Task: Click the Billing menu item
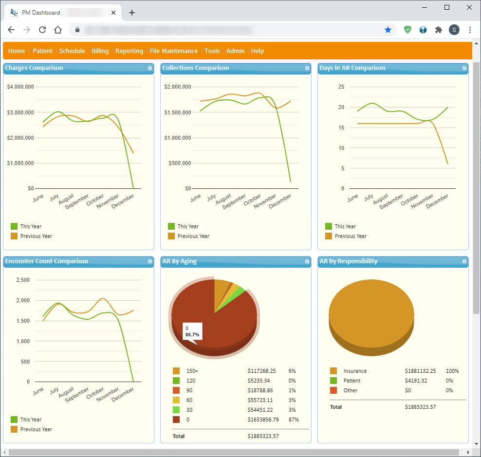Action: [x=100, y=51]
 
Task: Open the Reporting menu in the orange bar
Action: [x=129, y=51]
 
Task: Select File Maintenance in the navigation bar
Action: [x=174, y=51]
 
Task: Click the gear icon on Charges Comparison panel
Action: [x=150, y=68]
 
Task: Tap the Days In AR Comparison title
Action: [x=352, y=68]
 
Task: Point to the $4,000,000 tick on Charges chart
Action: [x=20, y=87]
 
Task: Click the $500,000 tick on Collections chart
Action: [x=180, y=163]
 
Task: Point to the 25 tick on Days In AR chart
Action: [x=341, y=87]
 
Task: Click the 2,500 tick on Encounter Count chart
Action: [x=23, y=280]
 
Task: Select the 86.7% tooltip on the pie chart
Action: [x=192, y=332]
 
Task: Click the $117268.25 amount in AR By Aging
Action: [x=261, y=371]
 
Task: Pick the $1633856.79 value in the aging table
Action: [x=263, y=420]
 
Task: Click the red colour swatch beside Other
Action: [x=333, y=390]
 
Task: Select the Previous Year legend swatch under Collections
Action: [x=171, y=236]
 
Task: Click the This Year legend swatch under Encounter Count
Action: [x=14, y=420]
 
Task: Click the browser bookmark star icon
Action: [x=388, y=30]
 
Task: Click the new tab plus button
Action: [x=132, y=13]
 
